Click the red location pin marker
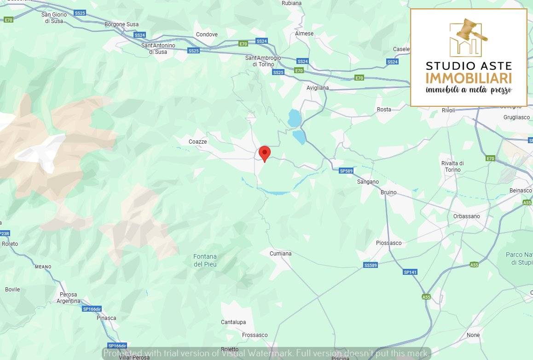(x=265, y=153)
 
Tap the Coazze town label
(x=197, y=142)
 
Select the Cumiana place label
(x=281, y=254)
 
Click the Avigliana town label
(x=318, y=87)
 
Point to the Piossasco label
(x=388, y=243)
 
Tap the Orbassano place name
(x=466, y=216)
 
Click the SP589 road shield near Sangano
(x=346, y=171)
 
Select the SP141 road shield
(x=410, y=272)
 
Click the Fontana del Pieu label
(x=205, y=261)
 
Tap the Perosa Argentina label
(x=69, y=298)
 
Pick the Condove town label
(x=207, y=35)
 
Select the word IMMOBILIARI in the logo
(x=469, y=78)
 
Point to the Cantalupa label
(x=233, y=322)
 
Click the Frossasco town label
(x=255, y=335)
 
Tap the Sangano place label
(x=368, y=182)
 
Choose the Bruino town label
(x=388, y=192)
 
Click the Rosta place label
(x=384, y=110)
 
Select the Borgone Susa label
(x=122, y=24)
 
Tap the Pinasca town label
(x=106, y=318)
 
